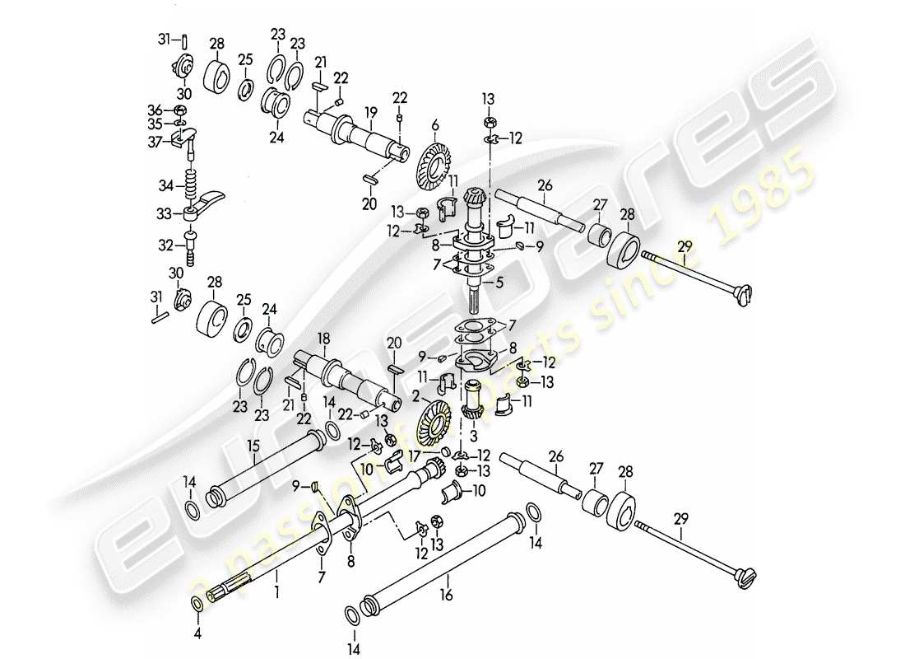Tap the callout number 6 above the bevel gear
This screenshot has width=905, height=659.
434,124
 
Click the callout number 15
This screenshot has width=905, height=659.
253,446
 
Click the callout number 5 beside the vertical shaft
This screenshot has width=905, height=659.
499,283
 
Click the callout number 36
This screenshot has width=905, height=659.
155,110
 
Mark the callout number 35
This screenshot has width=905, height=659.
155,124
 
